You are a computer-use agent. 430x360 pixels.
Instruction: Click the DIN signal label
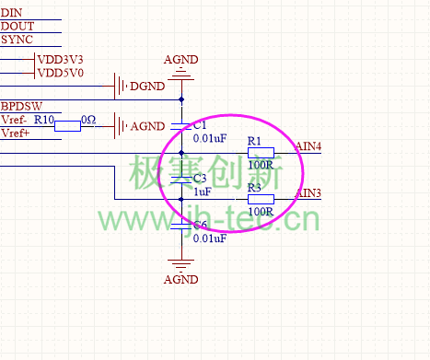12,11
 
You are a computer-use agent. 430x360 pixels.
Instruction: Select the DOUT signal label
17,26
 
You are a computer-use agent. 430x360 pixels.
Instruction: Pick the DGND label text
147,87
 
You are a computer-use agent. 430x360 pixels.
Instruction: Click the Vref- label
15,121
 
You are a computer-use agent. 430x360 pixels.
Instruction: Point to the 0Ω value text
88,121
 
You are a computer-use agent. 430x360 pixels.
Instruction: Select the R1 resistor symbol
261,153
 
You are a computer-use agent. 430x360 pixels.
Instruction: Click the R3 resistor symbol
261,199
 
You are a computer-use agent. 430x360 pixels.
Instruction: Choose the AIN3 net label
308,192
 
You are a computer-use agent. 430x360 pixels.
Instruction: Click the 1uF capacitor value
203,192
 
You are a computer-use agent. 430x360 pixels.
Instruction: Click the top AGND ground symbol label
180,61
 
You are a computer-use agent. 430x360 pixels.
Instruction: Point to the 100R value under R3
261,212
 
